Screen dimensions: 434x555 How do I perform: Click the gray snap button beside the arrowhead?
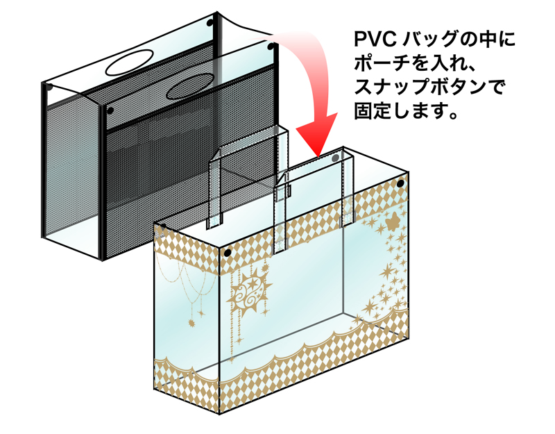pos(336,159)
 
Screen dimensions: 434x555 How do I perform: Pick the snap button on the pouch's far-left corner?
pos(49,87)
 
